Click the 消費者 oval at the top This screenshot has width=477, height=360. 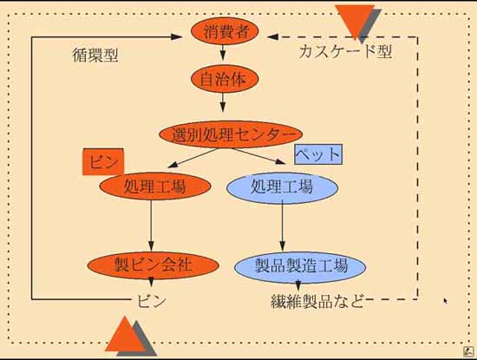[x=225, y=31]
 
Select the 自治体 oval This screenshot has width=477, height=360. [x=225, y=79]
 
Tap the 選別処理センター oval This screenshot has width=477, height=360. [x=232, y=134]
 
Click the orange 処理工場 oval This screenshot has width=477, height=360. [x=155, y=186]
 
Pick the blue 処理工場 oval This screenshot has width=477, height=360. [x=283, y=187]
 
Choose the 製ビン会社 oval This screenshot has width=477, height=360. [x=153, y=265]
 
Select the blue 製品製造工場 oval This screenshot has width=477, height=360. [x=300, y=267]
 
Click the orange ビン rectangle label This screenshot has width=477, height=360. [x=103, y=161]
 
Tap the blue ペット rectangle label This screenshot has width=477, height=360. [x=318, y=154]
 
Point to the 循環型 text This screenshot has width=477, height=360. [x=95, y=56]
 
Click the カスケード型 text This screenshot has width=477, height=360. [x=345, y=51]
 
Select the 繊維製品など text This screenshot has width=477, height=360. [x=317, y=301]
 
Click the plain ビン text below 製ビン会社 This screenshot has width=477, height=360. [x=151, y=301]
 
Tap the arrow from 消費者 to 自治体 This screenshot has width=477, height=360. [x=223, y=53]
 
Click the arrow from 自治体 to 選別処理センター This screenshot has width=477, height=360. [x=223, y=102]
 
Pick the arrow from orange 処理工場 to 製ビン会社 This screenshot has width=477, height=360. [x=151, y=226]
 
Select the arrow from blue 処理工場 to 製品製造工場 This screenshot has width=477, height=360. [x=283, y=226]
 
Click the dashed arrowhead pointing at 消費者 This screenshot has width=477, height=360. [x=272, y=36]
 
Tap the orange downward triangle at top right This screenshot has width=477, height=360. [x=355, y=20]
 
